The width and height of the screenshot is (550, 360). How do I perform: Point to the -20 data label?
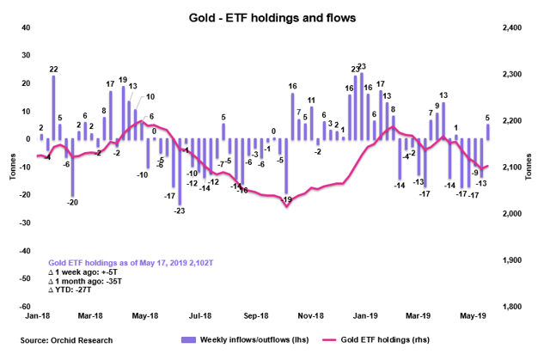pos(73,202)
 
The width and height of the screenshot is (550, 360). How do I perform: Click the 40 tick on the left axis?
pos(26,28)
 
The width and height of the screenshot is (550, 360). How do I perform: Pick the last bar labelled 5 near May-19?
pos(488,131)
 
